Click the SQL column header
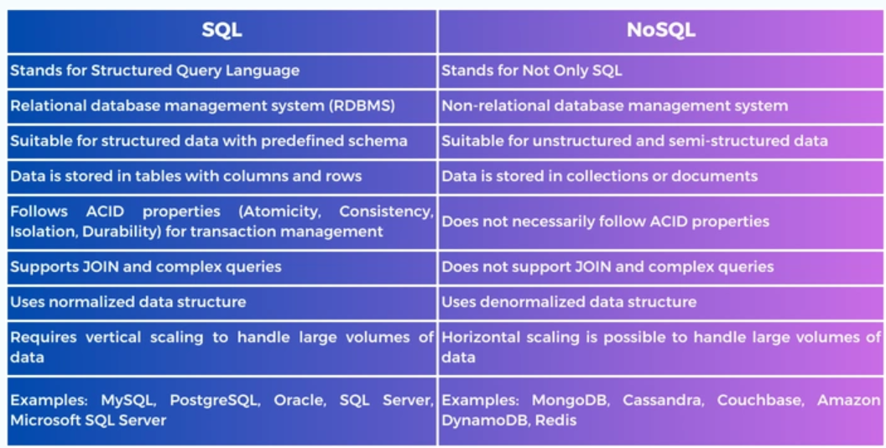click(222, 30)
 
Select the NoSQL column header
click(660, 30)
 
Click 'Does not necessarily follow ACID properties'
click(605, 221)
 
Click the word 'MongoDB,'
click(571, 400)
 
